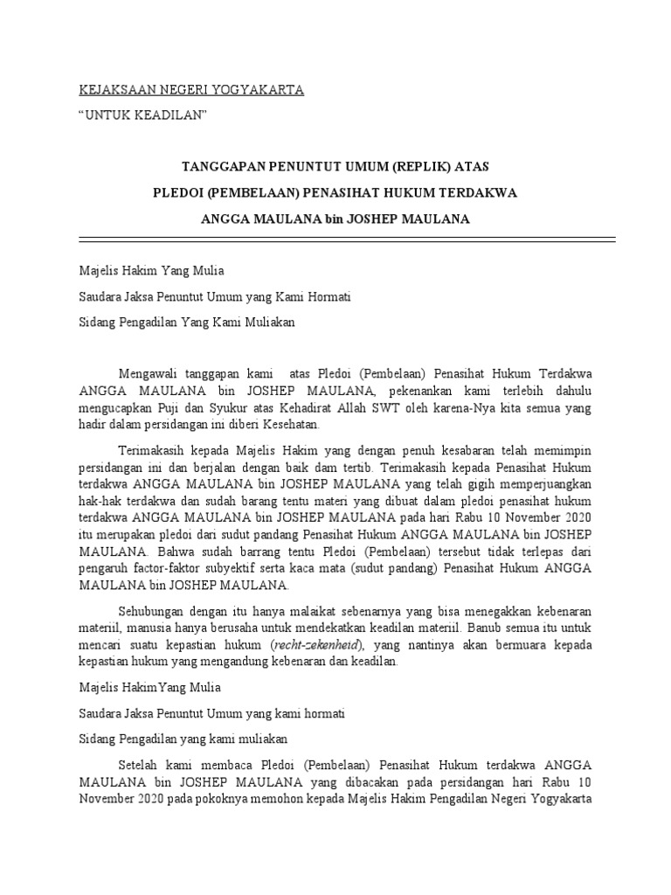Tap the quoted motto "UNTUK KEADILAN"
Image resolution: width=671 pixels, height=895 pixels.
pos(142,115)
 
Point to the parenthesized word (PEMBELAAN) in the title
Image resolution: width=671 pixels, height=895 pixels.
pos(233,192)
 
